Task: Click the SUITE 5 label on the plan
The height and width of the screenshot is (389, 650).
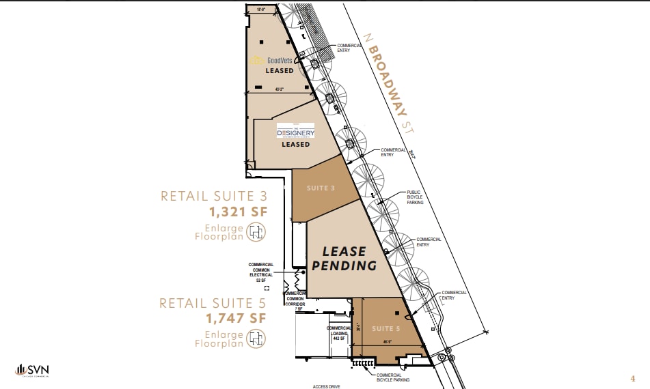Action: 383,329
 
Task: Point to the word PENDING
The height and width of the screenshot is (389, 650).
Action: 344,265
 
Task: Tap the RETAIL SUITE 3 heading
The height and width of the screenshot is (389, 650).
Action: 213,197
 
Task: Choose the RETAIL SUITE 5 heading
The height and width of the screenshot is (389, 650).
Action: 212,303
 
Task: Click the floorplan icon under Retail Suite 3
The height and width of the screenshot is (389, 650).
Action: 256,233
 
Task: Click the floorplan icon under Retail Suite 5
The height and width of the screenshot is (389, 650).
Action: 256,338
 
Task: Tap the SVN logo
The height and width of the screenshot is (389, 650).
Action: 32,371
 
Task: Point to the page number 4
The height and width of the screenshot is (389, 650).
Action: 632,377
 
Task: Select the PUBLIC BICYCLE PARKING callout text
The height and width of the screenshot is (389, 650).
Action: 415,197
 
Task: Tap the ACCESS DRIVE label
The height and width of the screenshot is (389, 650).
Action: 326,386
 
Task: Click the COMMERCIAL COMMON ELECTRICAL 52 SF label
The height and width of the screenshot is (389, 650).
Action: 260,272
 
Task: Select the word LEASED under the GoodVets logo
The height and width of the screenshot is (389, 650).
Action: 279,70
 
